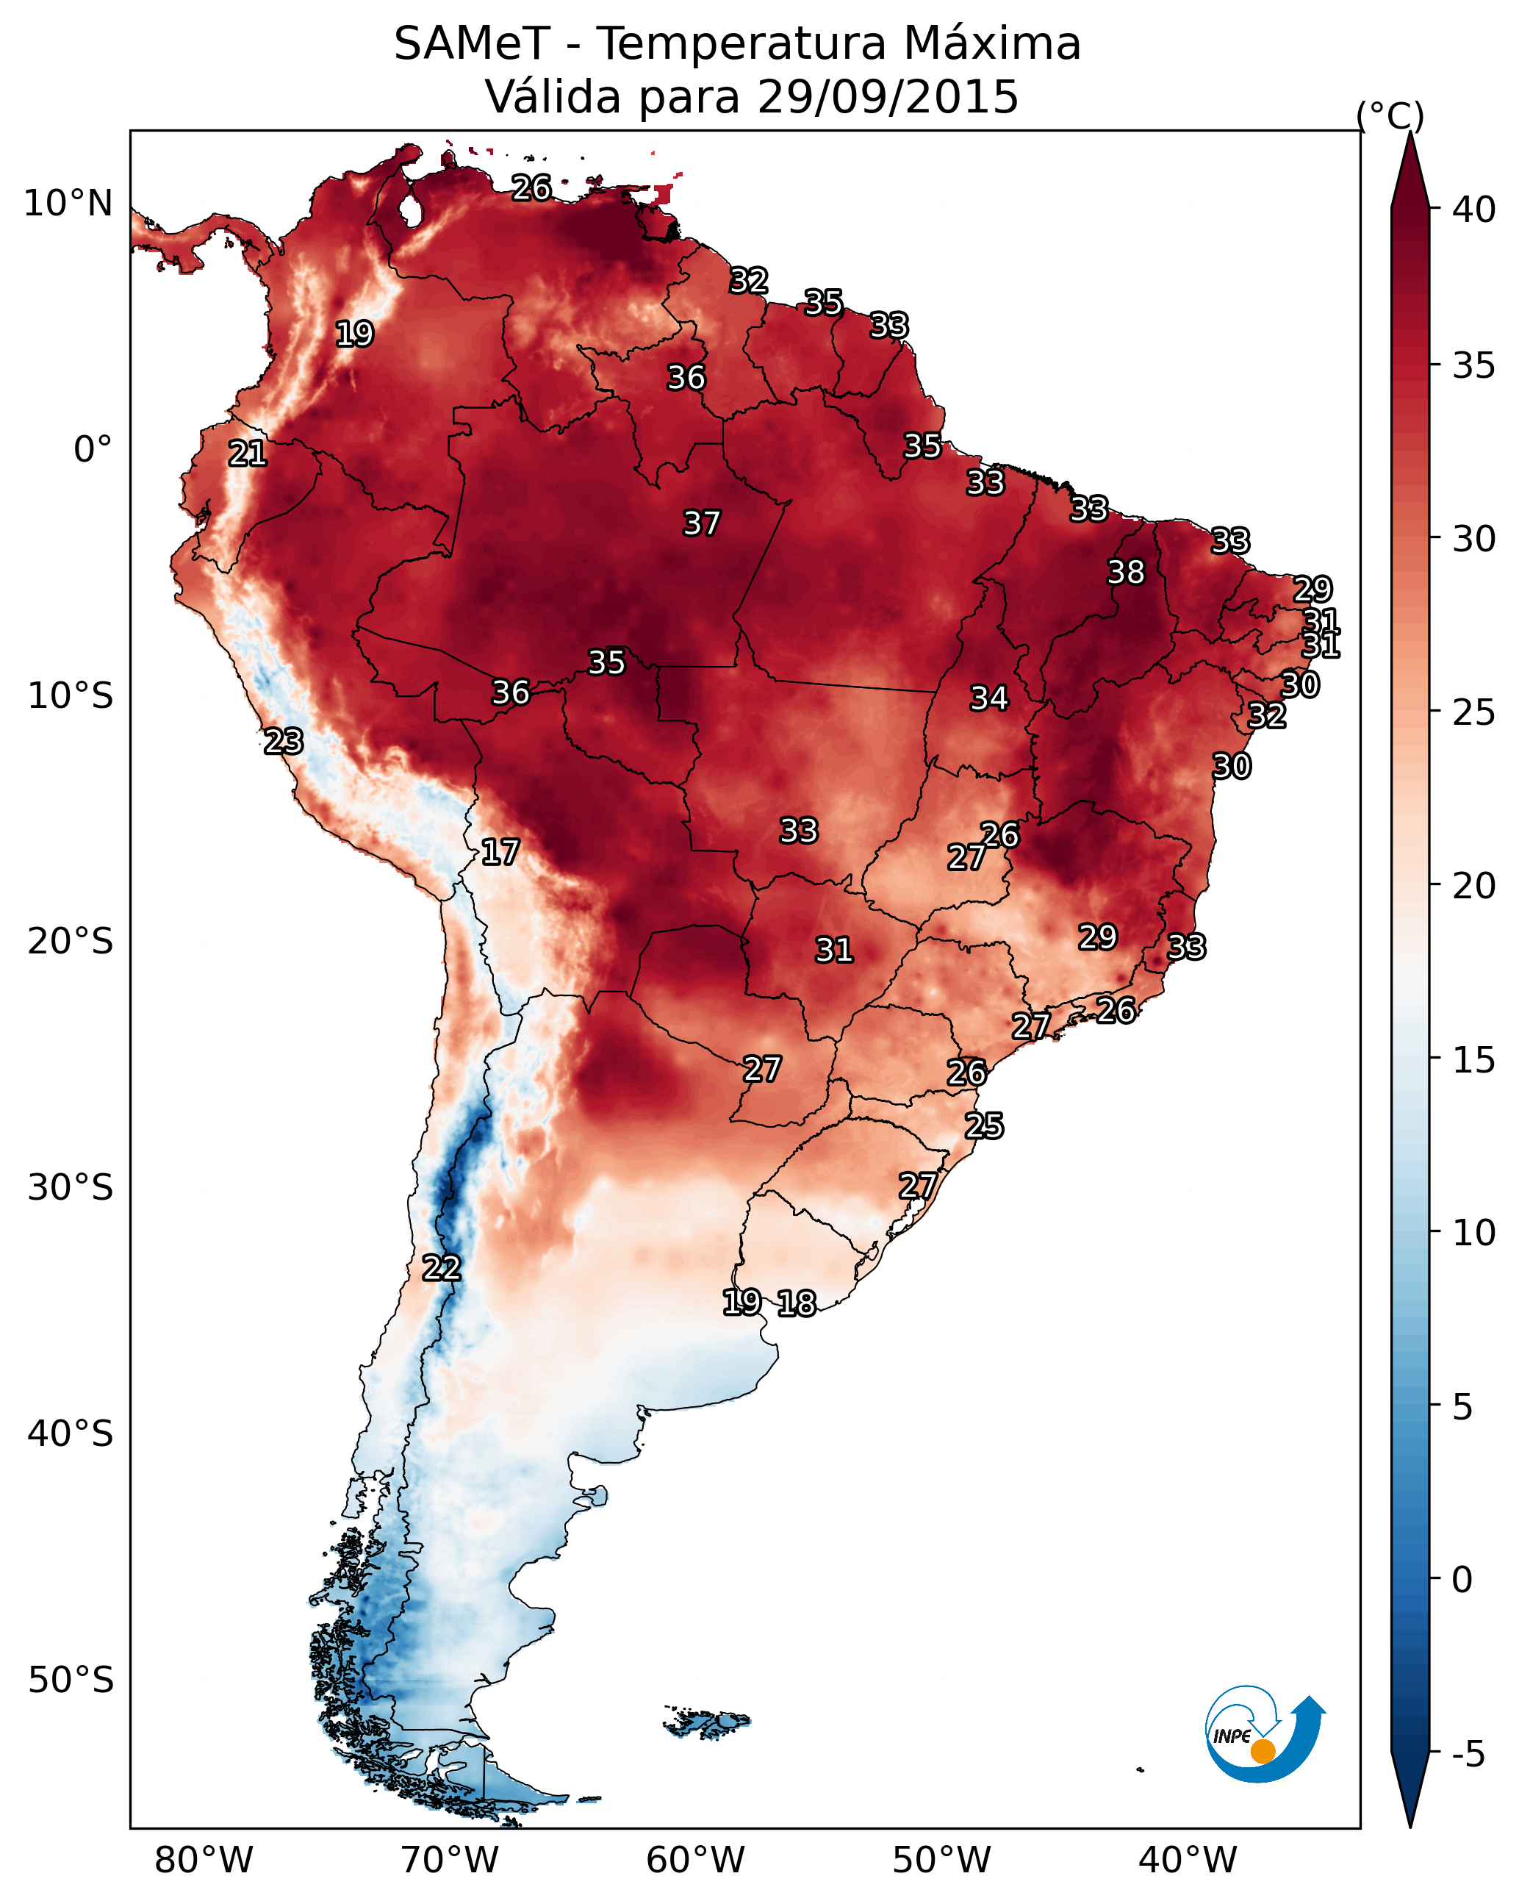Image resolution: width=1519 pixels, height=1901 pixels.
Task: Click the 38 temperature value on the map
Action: coord(1126,572)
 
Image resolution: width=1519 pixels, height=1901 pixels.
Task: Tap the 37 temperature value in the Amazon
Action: coord(702,523)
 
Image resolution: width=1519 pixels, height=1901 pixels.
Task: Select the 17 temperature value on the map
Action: coord(500,852)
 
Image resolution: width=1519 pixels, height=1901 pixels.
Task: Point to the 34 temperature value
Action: coord(989,698)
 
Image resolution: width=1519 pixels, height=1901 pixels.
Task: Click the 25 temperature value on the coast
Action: coord(984,1126)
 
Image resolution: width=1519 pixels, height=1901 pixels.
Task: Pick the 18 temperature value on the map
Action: coord(797,1303)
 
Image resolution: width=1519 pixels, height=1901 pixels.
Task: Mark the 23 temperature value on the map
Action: coord(284,742)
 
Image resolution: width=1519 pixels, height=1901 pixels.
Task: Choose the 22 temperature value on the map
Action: coord(442,1268)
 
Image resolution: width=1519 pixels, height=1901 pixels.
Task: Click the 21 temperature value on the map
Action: coord(248,454)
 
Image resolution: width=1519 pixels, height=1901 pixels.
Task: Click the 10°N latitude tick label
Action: coord(68,204)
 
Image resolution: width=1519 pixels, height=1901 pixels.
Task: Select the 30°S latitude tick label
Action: coord(71,1188)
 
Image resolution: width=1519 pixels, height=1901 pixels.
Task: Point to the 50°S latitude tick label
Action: coord(71,1680)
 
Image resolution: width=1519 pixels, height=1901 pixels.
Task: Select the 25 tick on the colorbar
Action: coord(1474,712)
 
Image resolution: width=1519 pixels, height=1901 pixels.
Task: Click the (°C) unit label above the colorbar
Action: coord(1390,115)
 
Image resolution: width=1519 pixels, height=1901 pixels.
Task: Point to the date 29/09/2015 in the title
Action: coord(888,97)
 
